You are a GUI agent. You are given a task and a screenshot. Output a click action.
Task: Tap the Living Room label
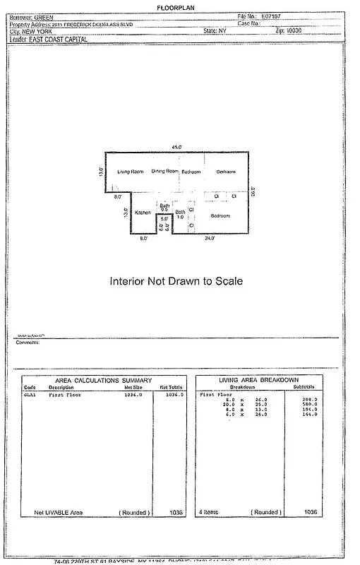click(131, 172)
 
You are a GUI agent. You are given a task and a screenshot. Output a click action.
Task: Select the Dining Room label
click(164, 172)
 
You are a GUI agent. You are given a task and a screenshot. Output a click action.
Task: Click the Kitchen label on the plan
click(143, 213)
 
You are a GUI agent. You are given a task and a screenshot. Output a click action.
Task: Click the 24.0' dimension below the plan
click(210, 239)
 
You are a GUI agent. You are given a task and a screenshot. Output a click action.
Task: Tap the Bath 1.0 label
click(181, 215)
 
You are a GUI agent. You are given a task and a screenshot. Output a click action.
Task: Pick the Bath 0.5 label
click(164, 207)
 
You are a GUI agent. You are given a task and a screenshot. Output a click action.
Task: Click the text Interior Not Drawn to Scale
click(176, 280)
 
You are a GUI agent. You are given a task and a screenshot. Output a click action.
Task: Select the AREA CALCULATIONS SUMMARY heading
click(104, 381)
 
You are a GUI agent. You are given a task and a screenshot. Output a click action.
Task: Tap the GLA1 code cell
click(30, 395)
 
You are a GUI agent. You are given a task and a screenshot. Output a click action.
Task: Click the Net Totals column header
click(172, 388)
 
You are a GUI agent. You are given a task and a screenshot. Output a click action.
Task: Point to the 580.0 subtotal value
click(309, 404)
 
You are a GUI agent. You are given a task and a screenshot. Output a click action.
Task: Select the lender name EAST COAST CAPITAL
click(62, 40)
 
